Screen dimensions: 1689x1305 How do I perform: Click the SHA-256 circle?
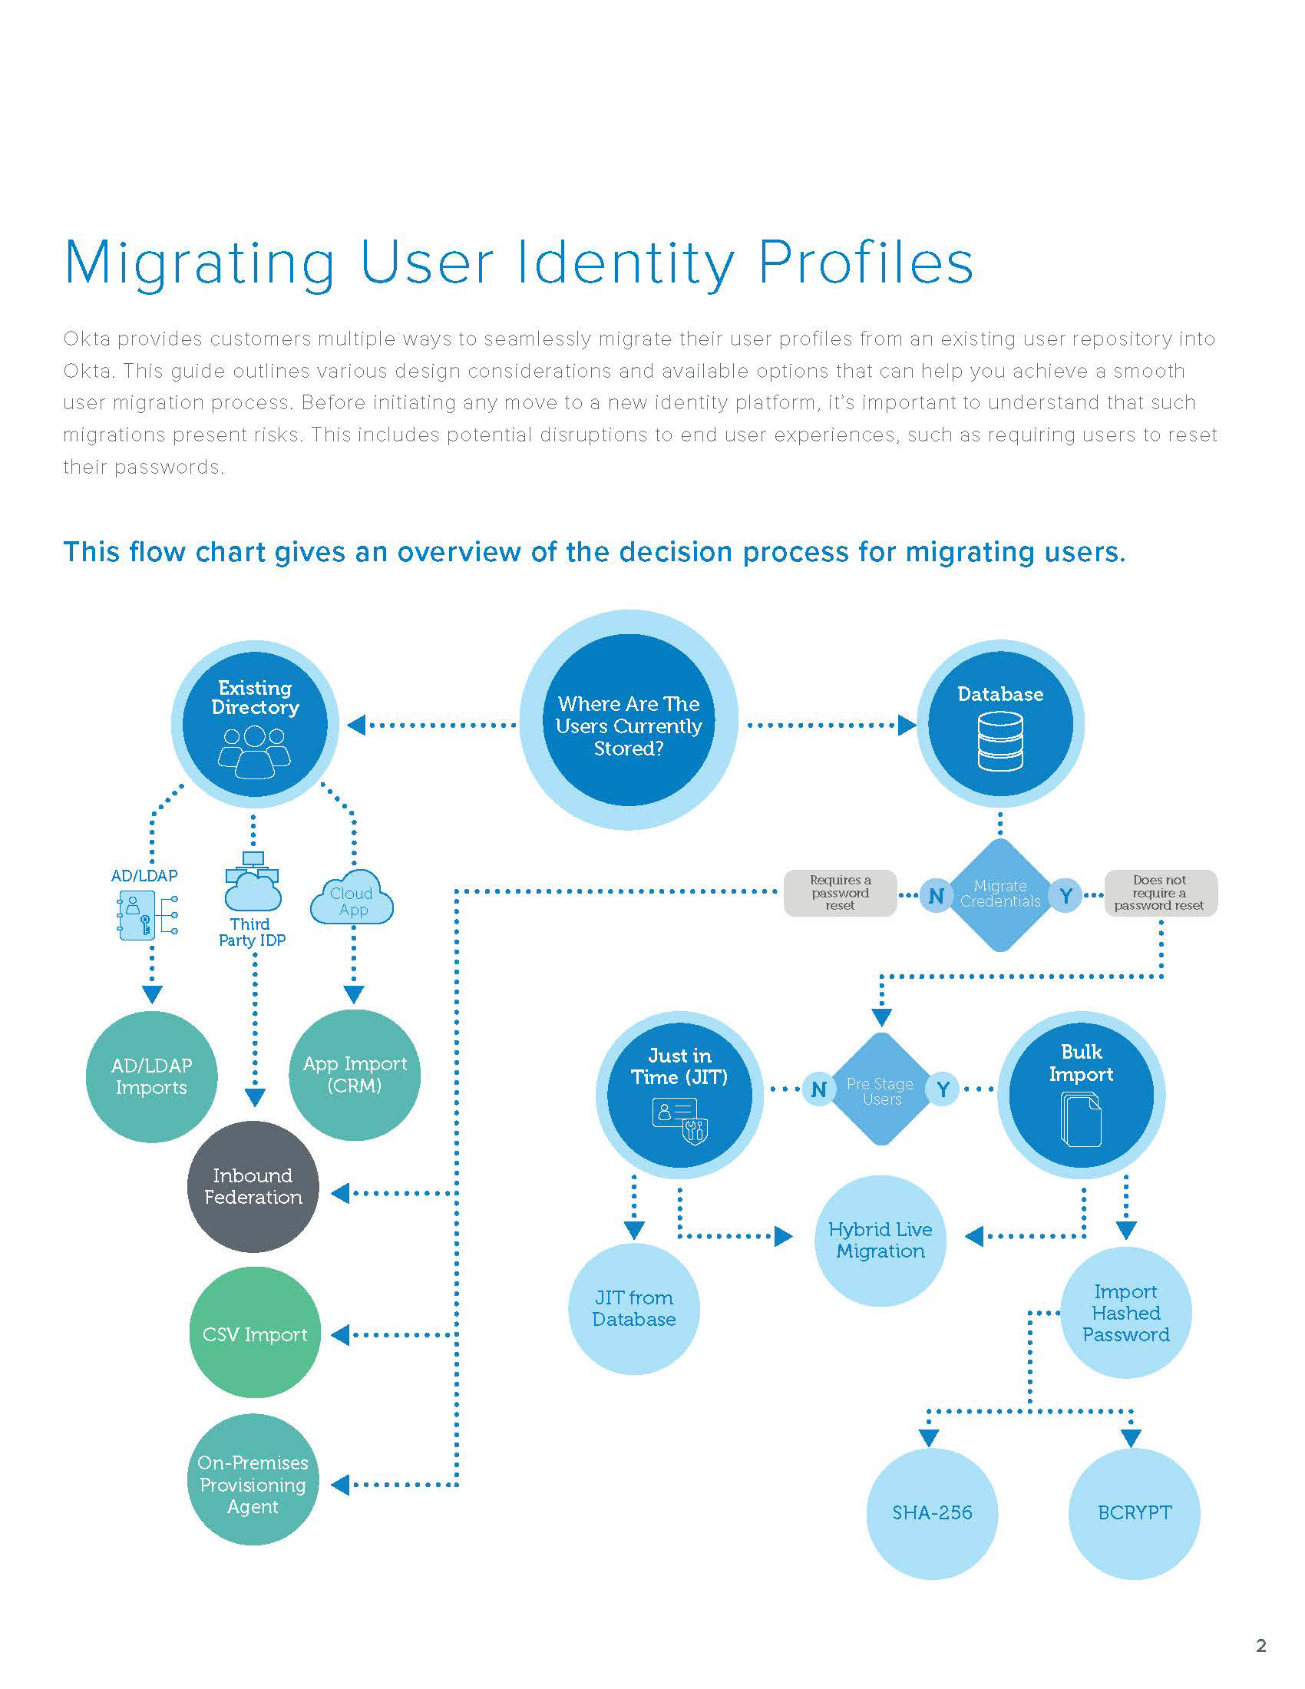coord(932,1512)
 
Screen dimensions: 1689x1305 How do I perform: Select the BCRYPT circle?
coord(1133,1512)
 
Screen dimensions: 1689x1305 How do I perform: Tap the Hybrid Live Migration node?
coord(880,1241)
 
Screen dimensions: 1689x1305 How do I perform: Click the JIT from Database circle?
coord(634,1308)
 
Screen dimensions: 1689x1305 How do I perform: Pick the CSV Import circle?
coord(254,1334)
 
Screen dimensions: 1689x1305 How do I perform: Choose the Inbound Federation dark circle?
coord(253,1186)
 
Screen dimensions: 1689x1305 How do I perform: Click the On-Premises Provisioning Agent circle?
coord(253,1484)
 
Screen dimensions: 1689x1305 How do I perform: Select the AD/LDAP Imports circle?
coord(151,1076)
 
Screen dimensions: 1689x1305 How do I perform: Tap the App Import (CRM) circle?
coord(354,1074)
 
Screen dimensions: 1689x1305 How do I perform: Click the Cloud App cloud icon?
coord(352,900)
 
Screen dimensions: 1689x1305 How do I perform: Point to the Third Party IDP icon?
coord(253,883)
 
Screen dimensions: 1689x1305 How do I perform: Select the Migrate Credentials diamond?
coord(999,894)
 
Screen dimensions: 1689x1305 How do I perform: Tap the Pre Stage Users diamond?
coord(880,1089)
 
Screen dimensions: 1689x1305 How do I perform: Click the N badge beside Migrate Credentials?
coord(936,895)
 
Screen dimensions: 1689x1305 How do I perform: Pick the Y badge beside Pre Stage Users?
coord(943,1089)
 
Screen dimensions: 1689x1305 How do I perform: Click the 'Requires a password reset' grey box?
coord(841,893)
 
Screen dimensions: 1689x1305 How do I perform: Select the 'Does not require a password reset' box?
coord(1160,893)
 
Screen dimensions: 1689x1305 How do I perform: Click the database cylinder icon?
coord(1000,741)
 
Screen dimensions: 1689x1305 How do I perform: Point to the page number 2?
coord(1261,1645)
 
